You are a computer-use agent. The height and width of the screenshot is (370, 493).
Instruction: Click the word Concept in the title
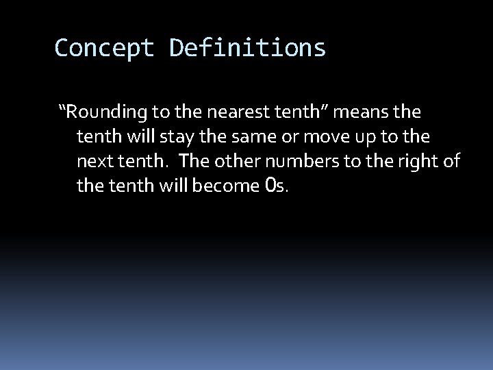105,48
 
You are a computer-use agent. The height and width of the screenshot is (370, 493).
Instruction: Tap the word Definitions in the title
248,48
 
